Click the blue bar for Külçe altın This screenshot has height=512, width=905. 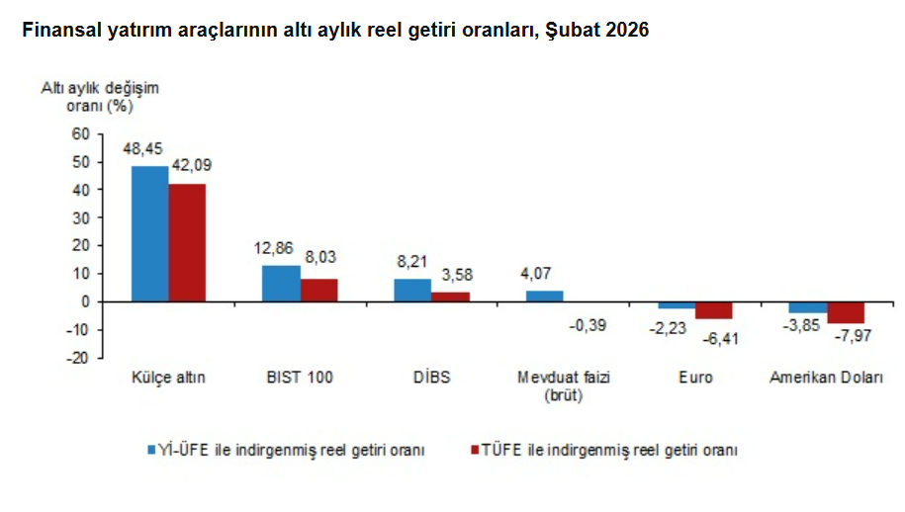click(149, 233)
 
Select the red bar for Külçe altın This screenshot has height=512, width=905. click(187, 242)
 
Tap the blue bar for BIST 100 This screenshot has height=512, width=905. click(281, 283)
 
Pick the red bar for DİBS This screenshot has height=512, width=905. click(450, 296)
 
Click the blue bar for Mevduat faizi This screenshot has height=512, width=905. click(544, 296)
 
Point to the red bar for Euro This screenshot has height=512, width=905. click(713, 310)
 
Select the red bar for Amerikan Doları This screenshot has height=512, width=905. click(846, 312)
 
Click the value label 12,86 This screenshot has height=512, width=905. click(274, 249)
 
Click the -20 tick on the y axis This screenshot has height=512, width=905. click(77, 357)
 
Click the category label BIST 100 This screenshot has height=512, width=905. click(300, 378)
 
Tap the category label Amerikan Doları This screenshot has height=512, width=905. click(826, 378)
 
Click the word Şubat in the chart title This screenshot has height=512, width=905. click(575, 30)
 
